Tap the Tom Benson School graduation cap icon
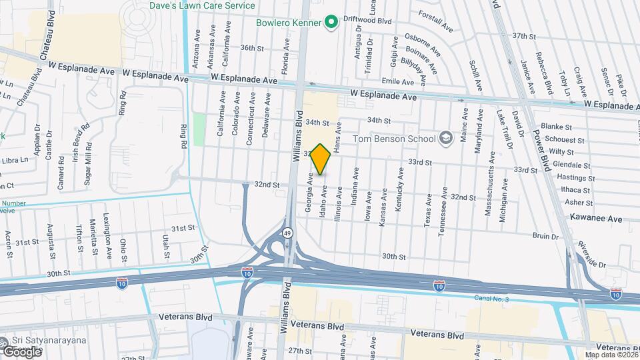[445, 139]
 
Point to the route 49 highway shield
[287, 233]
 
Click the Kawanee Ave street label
[596, 218]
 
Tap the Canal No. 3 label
[491, 298]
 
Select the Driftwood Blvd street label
[367, 21]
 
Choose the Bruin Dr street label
[545, 236]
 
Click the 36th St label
[253, 48]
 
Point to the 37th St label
[524, 35]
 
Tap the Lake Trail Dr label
[499, 133]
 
